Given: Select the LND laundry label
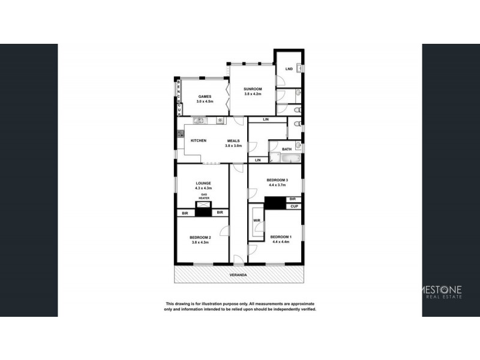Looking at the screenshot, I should pos(289,69).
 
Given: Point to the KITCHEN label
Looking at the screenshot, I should pos(199,140).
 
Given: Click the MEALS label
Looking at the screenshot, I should pos(233,140).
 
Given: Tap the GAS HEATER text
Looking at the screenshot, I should pos(204,197).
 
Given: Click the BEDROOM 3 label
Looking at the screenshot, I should pos(278,180).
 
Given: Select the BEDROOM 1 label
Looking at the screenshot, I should pos(281,236).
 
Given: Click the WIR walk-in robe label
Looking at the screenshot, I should pos(256,220).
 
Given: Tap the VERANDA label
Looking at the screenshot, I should pos(239,275).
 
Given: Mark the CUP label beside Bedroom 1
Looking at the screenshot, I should pos(294,206).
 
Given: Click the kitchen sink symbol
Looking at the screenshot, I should pos(200,121).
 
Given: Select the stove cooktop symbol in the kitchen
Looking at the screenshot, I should pos(220,121).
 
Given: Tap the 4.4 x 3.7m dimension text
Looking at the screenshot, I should pos(278,185).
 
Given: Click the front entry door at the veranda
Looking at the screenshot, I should pos(239,260).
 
